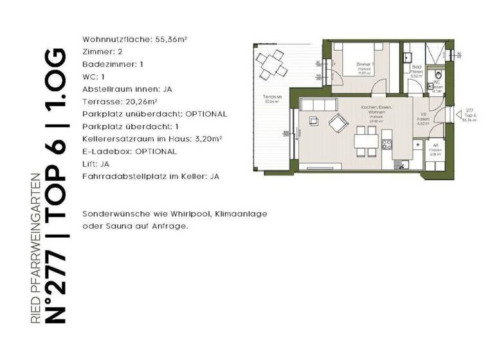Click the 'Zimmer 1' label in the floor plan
click(x=365, y=65)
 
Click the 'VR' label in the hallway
click(x=423, y=115)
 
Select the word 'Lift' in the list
click(x=90, y=164)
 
